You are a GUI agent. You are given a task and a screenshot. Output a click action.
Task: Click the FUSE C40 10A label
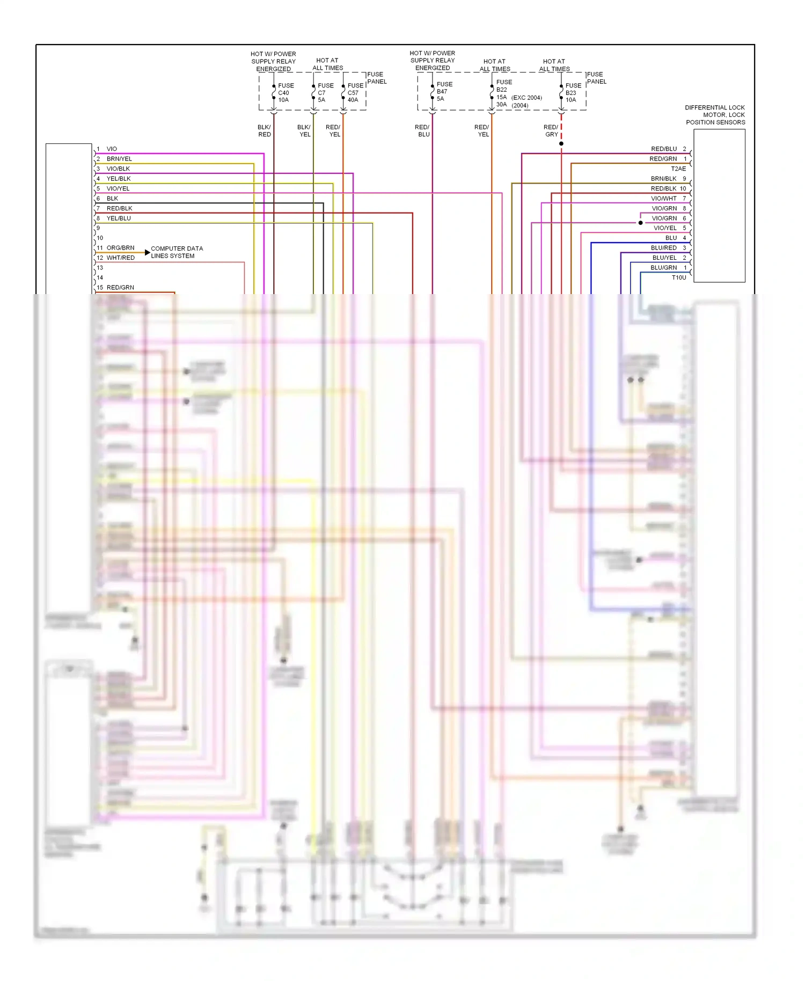(285, 93)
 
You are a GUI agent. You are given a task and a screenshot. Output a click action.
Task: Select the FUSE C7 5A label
(325, 93)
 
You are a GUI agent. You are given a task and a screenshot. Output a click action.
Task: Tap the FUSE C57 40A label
(355, 93)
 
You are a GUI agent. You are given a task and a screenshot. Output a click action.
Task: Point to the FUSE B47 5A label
(444, 92)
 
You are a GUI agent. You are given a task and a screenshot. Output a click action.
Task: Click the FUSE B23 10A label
(573, 93)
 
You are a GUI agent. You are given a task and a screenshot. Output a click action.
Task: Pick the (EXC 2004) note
(526, 98)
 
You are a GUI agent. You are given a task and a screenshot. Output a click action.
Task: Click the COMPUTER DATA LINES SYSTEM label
(177, 252)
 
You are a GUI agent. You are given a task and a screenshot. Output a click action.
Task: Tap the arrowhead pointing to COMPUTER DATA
(148, 252)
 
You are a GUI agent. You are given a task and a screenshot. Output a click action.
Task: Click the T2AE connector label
(678, 169)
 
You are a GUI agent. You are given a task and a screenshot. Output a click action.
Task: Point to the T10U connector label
(679, 277)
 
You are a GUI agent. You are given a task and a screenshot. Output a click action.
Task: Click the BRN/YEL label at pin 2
(119, 159)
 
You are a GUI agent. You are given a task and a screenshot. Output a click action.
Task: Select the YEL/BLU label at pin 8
(119, 218)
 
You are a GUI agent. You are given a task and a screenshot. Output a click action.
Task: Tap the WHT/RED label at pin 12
(120, 258)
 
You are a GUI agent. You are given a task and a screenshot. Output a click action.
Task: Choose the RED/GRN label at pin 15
(120, 288)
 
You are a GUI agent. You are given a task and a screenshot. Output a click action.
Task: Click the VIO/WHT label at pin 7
(664, 199)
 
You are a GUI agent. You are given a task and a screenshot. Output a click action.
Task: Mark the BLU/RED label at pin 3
(664, 248)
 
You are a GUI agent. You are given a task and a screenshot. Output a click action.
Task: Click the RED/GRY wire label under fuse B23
(551, 131)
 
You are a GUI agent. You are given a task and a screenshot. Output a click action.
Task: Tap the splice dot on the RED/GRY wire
(561, 144)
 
